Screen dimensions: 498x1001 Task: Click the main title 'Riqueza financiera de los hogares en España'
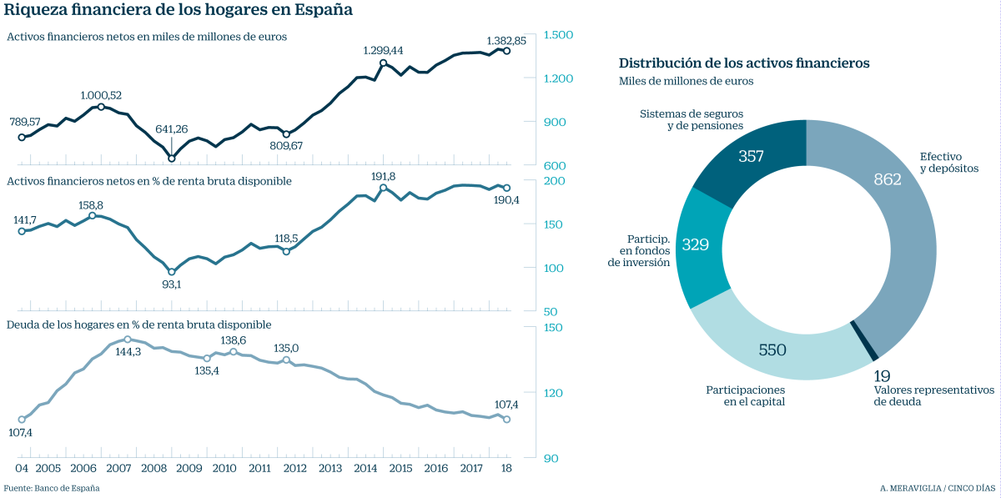coord(179,11)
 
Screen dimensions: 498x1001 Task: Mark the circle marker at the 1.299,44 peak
coord(383,63)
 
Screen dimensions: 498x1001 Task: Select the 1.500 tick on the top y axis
coord(558,35)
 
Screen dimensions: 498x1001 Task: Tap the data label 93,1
coord(171,284)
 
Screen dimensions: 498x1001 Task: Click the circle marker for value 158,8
coord(92,216)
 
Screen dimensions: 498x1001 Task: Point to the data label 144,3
coord(127,352)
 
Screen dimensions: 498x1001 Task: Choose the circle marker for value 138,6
coord(234,352)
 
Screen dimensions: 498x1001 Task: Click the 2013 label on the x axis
coord(329,469)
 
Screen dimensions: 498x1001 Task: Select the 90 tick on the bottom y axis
coord(551,458)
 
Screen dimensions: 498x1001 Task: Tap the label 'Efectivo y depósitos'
coord(948,162)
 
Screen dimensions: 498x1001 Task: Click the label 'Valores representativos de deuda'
coord(934,395)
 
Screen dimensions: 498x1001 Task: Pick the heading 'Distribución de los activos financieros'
coord(744,63)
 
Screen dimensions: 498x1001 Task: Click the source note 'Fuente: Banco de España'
coord(52,488)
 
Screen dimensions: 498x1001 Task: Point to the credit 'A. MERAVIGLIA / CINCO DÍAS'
coord(938,488)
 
